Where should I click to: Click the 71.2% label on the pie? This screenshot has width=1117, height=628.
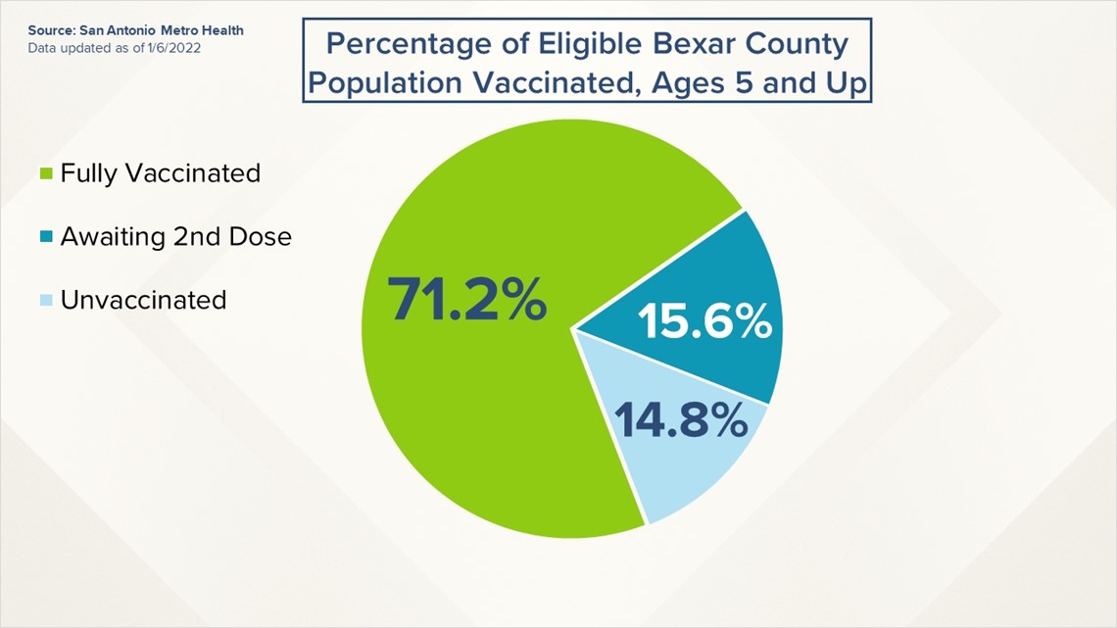467,299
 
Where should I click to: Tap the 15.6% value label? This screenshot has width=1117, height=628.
704,321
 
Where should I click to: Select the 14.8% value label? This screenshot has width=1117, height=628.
681,419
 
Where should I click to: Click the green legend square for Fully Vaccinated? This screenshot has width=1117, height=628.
46,173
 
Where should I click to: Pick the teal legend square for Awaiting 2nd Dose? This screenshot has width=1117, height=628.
46,236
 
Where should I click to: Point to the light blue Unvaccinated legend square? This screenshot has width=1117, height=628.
46,300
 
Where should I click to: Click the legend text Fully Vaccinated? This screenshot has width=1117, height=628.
161,173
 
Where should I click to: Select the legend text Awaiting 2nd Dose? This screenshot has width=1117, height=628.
176,236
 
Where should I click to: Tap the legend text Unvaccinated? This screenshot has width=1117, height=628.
143,300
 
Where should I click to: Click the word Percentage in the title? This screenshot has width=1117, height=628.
420,45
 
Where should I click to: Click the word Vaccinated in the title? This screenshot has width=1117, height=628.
553,83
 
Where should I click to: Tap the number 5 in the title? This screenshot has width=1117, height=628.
744,83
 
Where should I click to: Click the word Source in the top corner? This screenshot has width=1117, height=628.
51,30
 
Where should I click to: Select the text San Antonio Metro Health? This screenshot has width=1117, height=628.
162,30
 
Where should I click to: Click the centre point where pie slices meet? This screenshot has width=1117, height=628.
573,329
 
